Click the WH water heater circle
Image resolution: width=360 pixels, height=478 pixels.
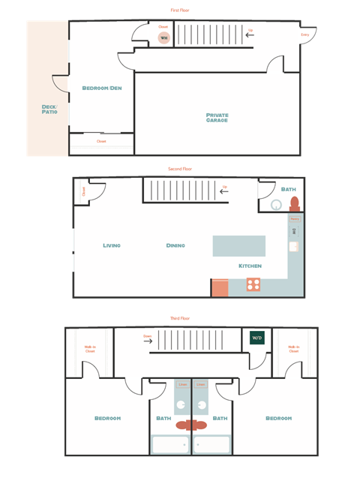[x=163, y=38]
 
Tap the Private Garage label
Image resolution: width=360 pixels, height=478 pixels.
[x=217, y=118]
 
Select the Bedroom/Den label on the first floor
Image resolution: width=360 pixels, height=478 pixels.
[x=102, y=89]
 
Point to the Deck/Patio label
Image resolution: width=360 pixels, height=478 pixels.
[x=49, y=110]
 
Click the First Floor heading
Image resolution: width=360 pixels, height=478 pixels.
[x=180, y=11]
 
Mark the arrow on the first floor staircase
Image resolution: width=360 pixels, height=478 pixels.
[x=250, y=36]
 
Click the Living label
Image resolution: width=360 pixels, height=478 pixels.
[x=112, y=245]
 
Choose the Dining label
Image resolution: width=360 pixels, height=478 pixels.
[x=175, y=245]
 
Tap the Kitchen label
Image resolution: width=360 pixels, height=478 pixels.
[x=250, y=266]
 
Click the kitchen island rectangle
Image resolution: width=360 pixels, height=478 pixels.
[x=238, y=246]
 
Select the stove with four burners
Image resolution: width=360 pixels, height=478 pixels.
[x=253, y=285]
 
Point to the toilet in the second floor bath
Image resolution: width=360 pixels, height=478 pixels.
[x=294, y=204]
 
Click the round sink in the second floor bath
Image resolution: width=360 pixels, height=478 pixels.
[x=276, y=204]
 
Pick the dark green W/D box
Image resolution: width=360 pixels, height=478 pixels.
[x=257, y=338]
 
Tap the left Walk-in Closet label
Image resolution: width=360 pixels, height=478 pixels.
[x=90, y=348]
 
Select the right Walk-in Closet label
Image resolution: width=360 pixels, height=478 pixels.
[x=293, y=348]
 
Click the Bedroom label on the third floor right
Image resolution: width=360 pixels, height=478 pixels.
[x=278, y=418]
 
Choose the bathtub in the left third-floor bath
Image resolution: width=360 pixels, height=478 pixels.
[x=170, y=444]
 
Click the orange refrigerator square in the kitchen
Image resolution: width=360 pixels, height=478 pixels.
[x=219, y=288]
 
